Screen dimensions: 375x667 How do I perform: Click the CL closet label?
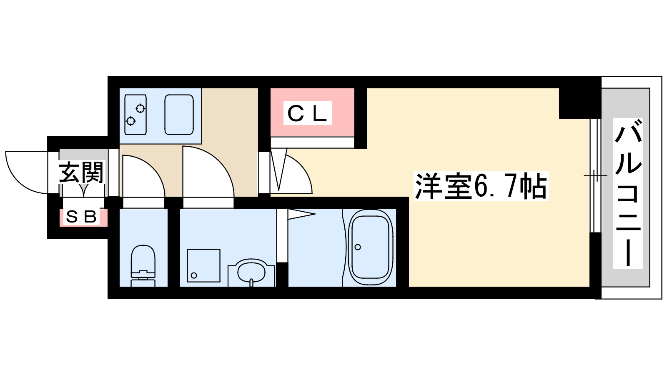coord(307,113)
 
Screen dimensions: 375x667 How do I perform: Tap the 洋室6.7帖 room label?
coord(480,186)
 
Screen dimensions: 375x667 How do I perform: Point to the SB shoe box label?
coord(82,217)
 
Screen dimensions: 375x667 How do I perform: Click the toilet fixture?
coord(143,265)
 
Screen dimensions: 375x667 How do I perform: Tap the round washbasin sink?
coord(251,273)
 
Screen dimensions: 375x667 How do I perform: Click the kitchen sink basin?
coord(179,114)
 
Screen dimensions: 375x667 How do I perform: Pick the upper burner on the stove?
coord(140,109)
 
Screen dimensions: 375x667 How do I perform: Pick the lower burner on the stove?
coord(131,121)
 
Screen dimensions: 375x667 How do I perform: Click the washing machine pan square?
coord(203,265)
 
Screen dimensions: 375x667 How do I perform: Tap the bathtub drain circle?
coord(358,247)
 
